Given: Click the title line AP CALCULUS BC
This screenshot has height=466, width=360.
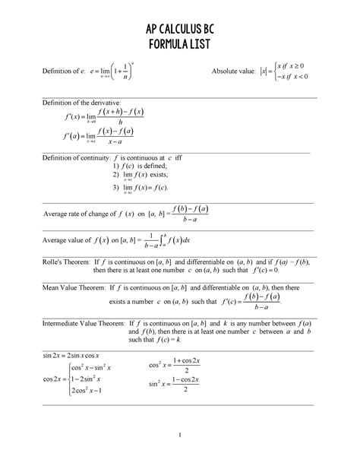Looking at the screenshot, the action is pos(179,30).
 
